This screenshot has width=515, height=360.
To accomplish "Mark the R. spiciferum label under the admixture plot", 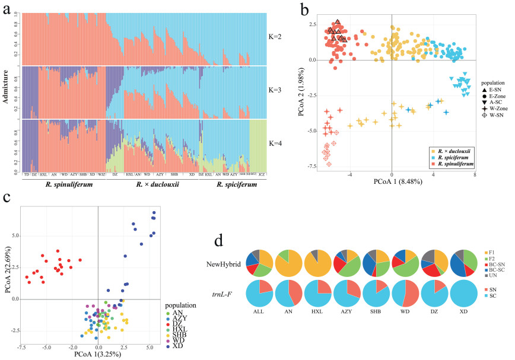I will pyautogui.click(x=233, y=185).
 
